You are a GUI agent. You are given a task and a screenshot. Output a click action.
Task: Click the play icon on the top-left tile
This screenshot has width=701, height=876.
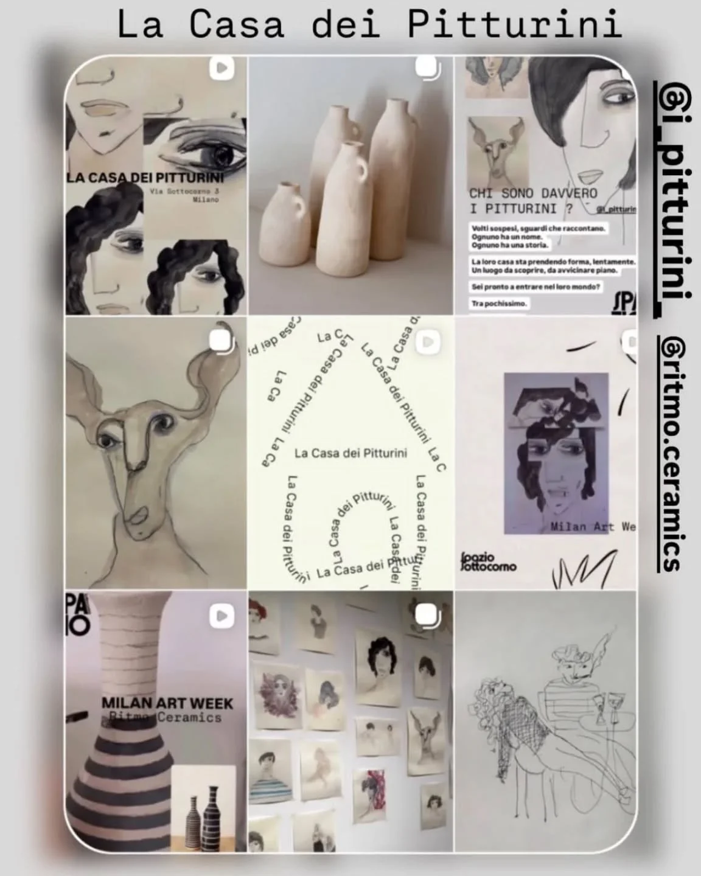click(x=221, y=69)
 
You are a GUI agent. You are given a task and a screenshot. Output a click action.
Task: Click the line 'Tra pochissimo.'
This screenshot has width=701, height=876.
click(x=498, y=303)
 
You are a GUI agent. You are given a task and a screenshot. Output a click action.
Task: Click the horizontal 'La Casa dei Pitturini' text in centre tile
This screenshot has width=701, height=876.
click(x=350, y=453)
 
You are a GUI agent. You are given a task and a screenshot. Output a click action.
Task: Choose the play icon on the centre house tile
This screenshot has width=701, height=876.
click(x=428, y=342)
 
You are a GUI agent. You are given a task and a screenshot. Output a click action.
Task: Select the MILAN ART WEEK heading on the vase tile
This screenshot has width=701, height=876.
click(x=167, y=703)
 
